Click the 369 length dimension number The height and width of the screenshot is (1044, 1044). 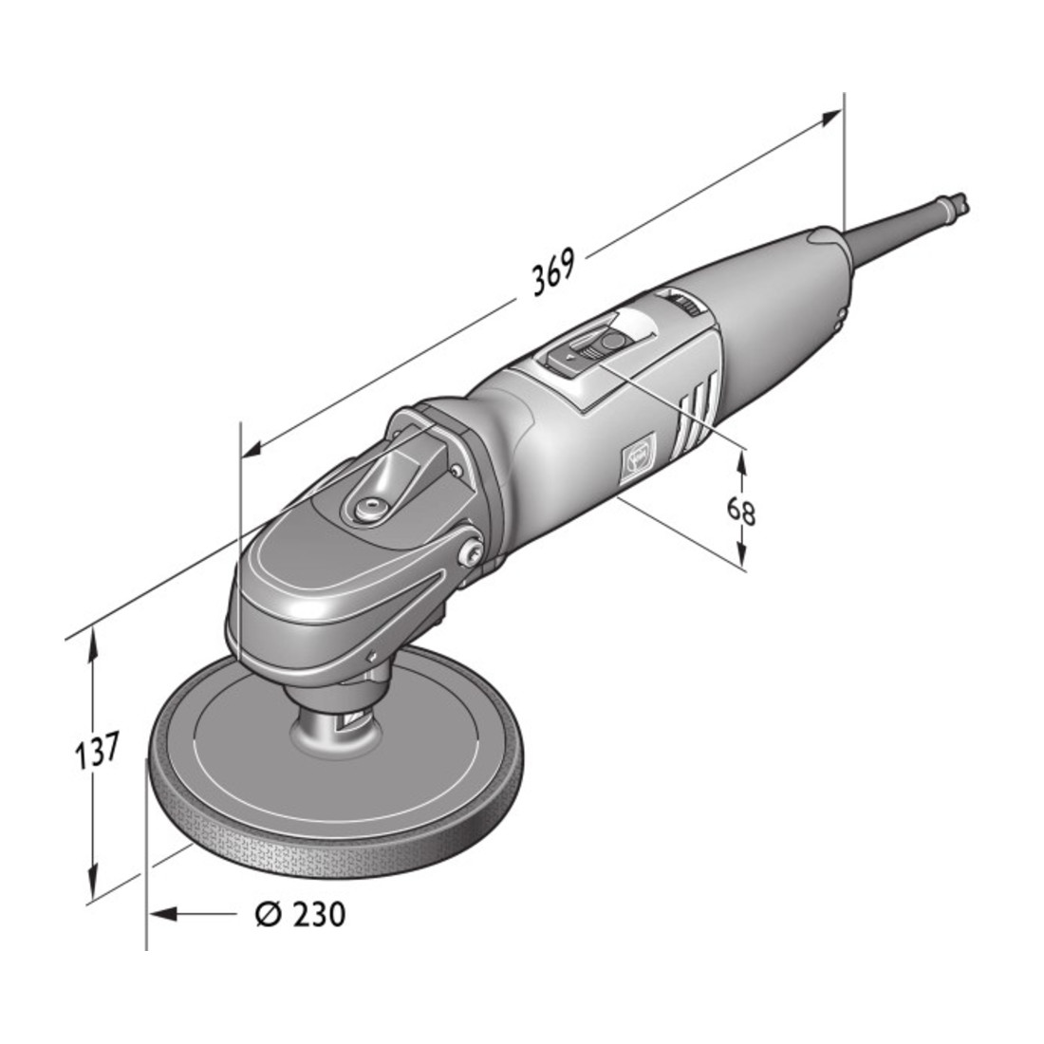pyautogui.click(x=552, y=271)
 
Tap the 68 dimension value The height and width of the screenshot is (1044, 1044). pyautogui.click(x=740, y=512)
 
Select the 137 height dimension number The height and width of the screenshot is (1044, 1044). pyautogui.click(x=97, y=751)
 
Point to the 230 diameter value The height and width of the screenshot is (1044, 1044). pyautogui.click(x=319, y=914)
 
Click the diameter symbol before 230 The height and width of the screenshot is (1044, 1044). pyautogui.click(x=269, y=914)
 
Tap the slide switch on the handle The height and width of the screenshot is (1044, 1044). pyautogui.click(x=585, y=353)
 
